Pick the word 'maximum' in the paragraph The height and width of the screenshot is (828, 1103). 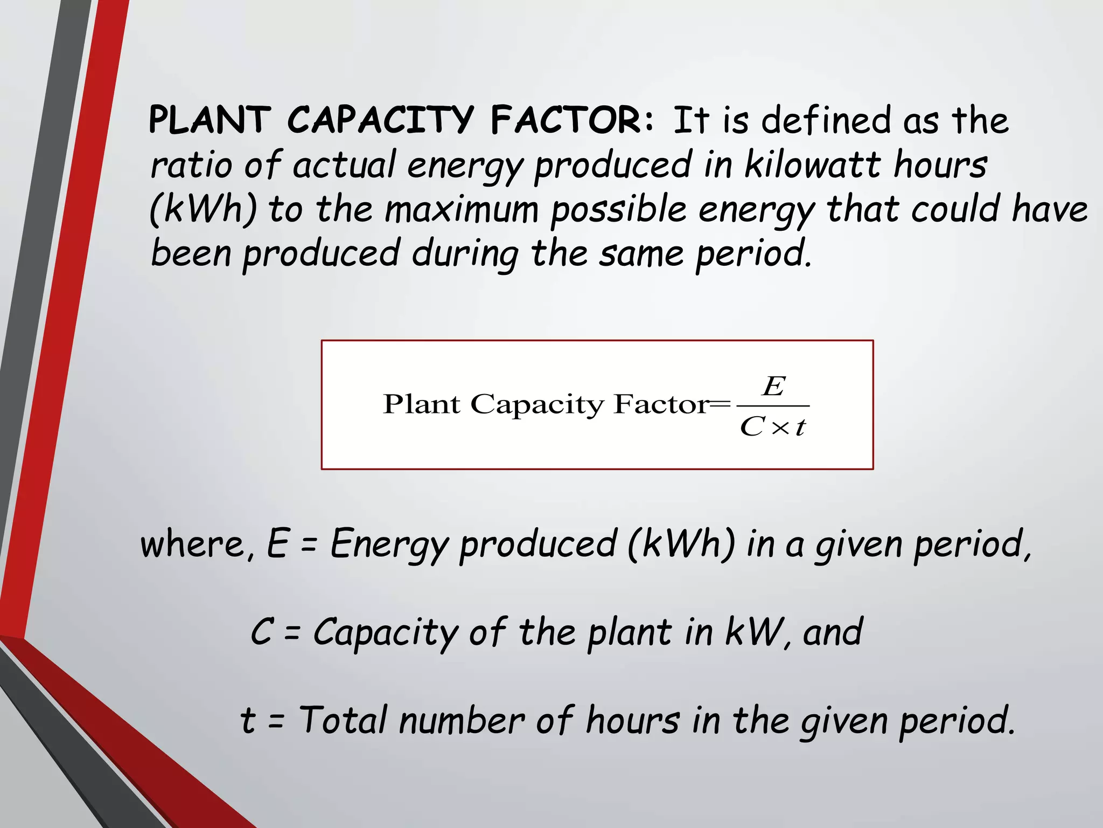coord(462,209)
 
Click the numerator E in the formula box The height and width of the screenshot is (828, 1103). coord(774,386)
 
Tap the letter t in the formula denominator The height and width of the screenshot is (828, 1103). coord(800,427)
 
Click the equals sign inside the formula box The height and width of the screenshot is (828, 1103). coord(720,404)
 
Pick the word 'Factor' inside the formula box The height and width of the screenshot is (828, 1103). coord(661,404)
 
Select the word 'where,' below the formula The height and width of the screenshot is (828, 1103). coord(197,544)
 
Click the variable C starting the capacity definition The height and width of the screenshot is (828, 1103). coord(262,632)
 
